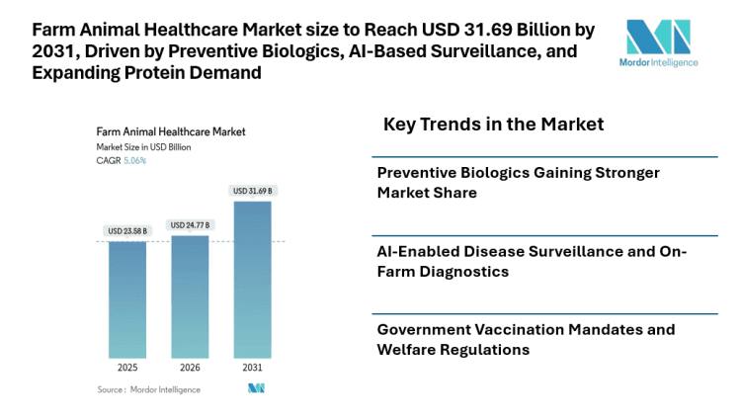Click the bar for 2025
[127, 299]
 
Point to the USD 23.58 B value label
[127, 231]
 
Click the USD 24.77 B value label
[190, 225]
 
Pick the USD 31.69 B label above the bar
[252, 191]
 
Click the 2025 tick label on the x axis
[127, 368]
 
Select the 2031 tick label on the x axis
[252, 368]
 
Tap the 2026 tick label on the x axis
[190, 368]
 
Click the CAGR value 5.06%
[135, 160]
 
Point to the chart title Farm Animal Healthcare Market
[170, 130]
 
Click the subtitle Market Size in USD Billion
[143, 146]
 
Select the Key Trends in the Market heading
[493, 125]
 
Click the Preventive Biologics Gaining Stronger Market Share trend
[518, 183]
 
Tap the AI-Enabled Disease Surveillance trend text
[532, 261]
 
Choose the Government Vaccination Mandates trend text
[526, 339]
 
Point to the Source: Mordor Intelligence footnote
[148, 389]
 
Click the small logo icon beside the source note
[256, 389]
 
